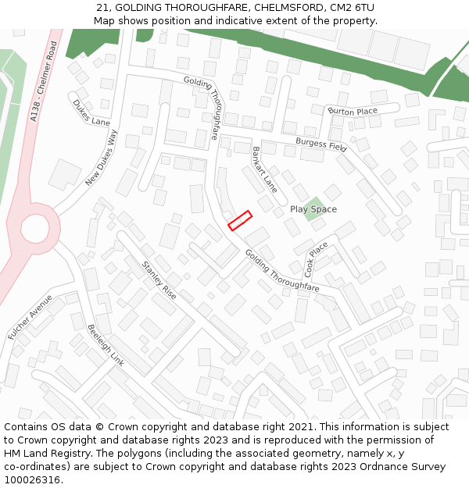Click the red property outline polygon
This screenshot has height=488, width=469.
240,220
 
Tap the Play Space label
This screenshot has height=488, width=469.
313,209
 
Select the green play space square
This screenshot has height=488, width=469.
314,212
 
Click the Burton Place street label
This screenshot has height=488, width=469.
353,112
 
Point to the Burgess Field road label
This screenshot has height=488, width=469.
320,144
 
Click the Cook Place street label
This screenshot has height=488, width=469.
317,260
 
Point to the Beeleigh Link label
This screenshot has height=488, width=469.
106,346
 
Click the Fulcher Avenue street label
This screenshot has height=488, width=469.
30,316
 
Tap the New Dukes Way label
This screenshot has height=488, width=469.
101,158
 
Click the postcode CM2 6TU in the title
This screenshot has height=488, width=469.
352,8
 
